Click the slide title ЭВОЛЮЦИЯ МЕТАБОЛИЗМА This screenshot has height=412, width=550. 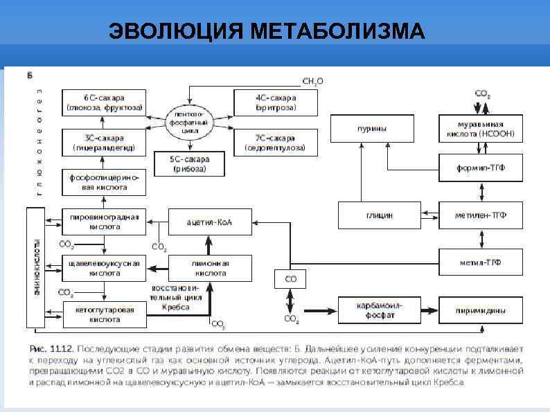[x=267, y=31]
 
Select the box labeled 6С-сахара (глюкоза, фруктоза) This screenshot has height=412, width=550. [x=104, y=102]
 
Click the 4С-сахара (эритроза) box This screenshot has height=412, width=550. [x=276, y=102]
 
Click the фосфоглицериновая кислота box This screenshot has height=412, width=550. [x=104, y=182]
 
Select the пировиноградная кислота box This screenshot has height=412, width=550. [x=104, y=222]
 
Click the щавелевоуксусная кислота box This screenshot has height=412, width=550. [x=104, y=268]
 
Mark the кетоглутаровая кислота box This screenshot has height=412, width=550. [x=104, y=314]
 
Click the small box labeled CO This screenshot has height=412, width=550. [x=291, y=279]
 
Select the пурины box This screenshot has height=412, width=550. [x=372, y=129]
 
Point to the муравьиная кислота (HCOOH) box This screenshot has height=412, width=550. [x=481, y=129]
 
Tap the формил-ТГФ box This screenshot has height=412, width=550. [x=481, y=168]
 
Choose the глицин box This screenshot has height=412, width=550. [x=380, y=215]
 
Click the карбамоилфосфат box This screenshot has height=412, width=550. [x=380, y=310]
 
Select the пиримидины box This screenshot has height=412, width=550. [x=481, y=310]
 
